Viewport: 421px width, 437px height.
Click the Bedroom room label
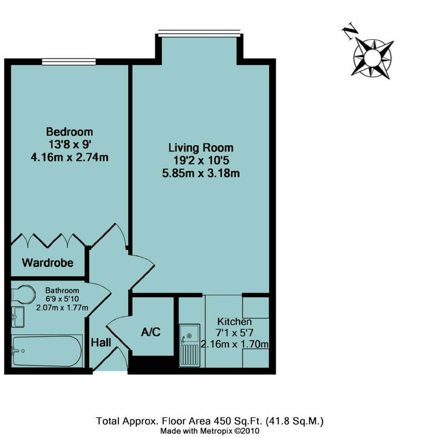tap(69, 132)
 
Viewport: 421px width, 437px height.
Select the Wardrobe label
tap(48, 263)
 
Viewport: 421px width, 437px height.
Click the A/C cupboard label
tap(151, 332)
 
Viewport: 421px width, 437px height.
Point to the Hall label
tap(101, 343)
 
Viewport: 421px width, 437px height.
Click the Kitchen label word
tap(235, 322)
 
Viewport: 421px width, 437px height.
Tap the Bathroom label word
tap(62, 291)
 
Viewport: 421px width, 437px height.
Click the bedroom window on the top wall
tap(69, 62)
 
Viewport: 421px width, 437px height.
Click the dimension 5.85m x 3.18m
tap(201, 174)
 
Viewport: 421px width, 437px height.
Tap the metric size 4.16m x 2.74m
tap(69, 157)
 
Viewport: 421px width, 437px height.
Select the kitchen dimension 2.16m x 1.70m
tap(235, 345)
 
